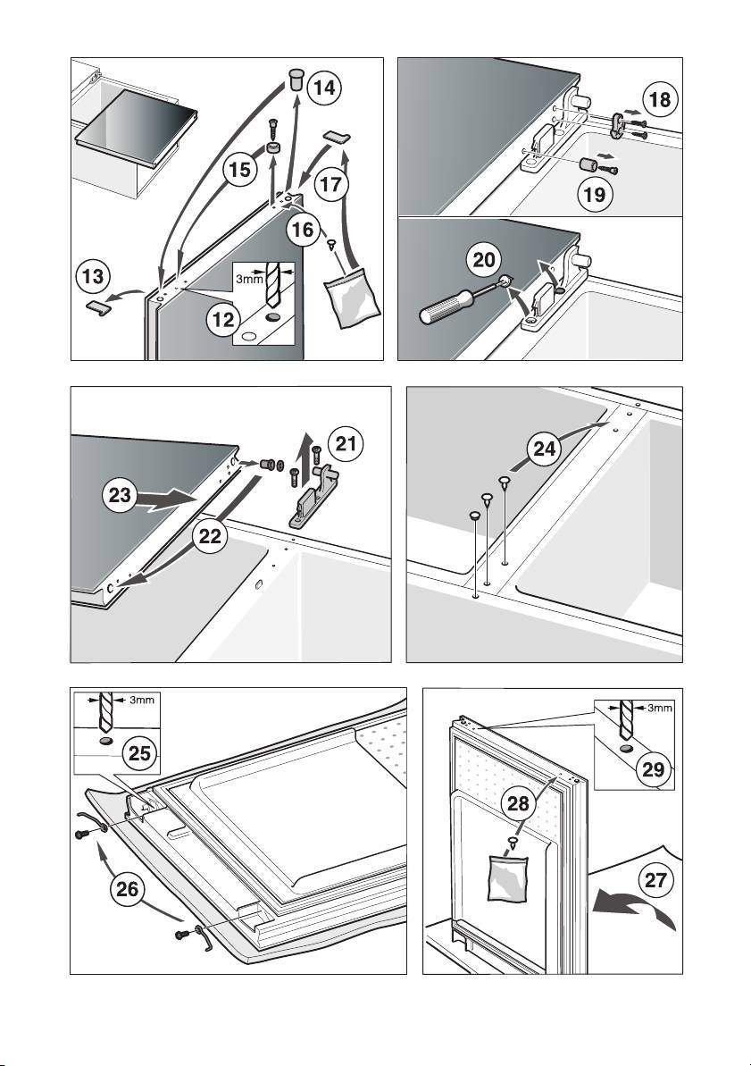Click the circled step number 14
click(x=322, y=88)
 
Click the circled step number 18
click(x=660, y=100)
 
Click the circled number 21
click(x=346, y=443)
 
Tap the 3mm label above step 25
click(x=139, y=701)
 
